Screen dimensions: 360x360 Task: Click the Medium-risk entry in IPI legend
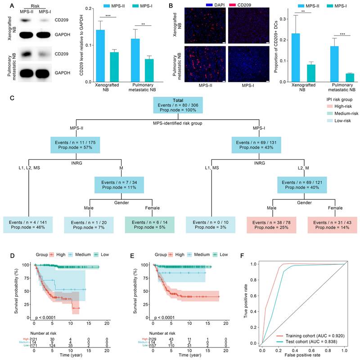coord(332,114)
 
